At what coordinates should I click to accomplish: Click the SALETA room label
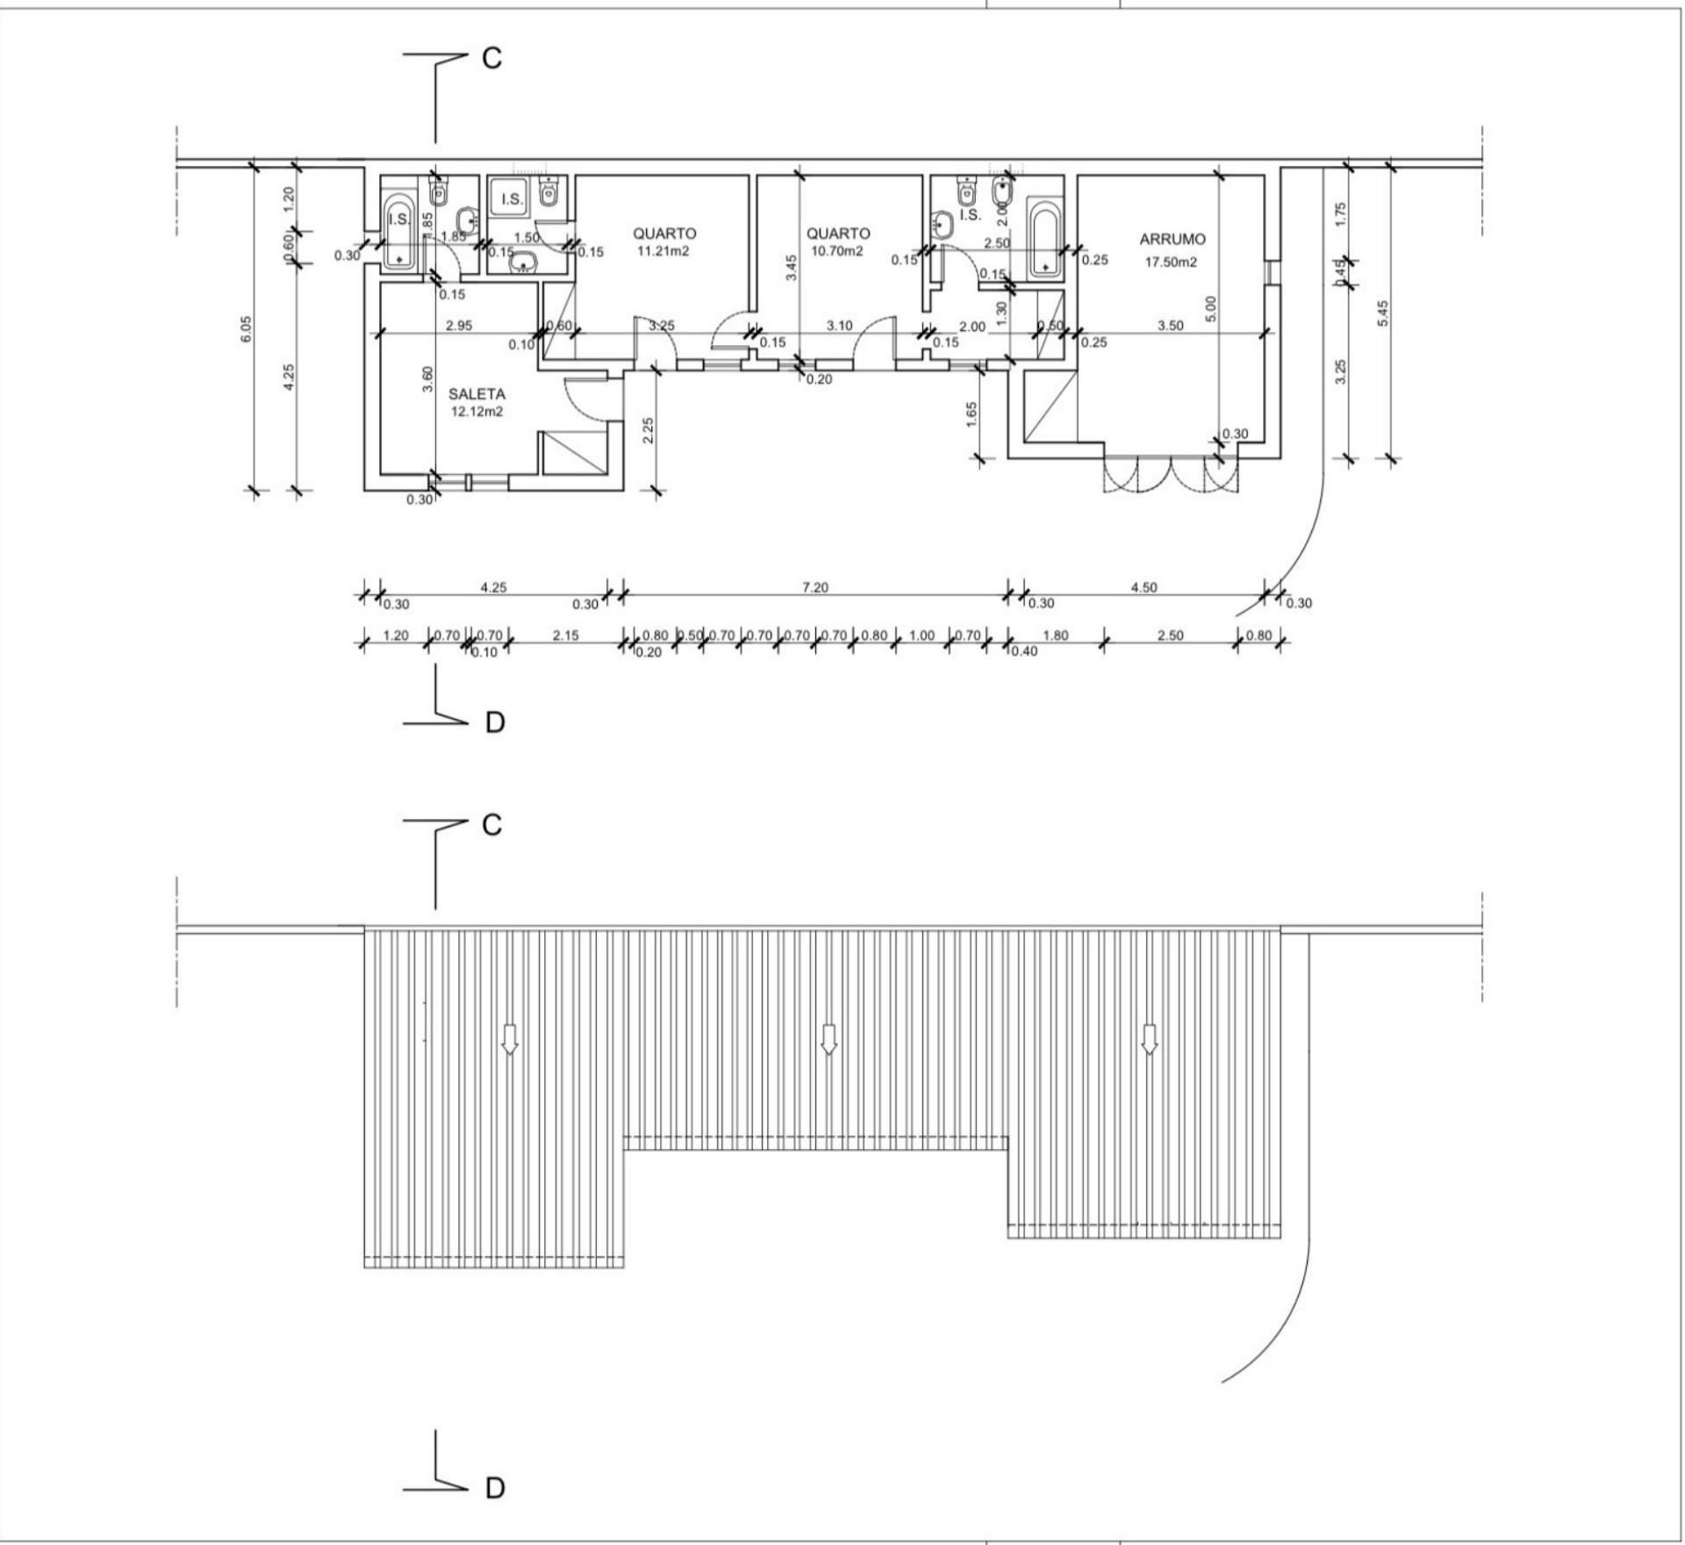click(477, 394)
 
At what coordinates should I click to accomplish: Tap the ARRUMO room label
click(1172, 239)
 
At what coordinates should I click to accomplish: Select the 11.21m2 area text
click(664, 251)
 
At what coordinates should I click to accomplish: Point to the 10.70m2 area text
click(838, 251)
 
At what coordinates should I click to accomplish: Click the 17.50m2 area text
click(1172, 262)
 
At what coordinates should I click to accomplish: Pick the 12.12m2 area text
click(477, 412)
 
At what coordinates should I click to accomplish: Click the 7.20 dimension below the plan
click(814, 587)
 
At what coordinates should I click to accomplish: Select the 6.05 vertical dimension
click(247, 329)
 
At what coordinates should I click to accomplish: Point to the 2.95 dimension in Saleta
click(458, 326)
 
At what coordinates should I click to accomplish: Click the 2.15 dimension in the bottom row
click(565, 636)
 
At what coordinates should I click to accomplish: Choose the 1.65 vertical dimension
click(972, 415)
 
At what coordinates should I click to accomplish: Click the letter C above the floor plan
click(491, 58)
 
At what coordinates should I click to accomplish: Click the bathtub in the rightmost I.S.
click(1045, 239)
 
